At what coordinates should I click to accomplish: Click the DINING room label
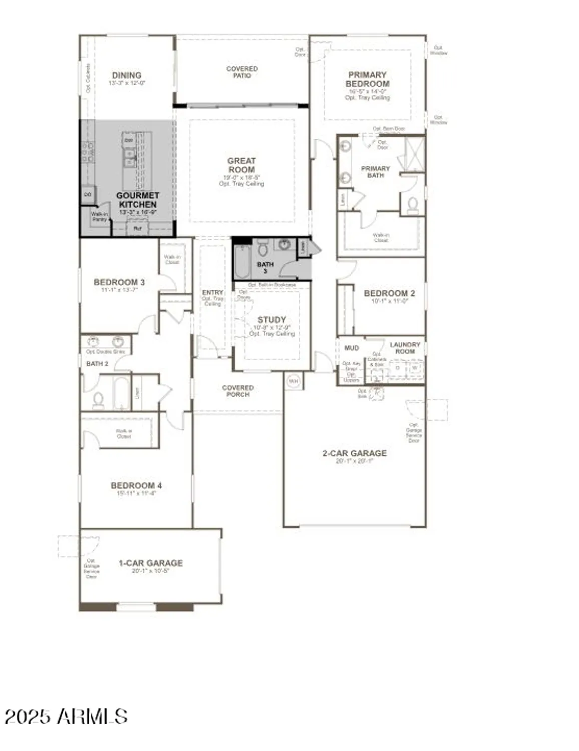(126, 75)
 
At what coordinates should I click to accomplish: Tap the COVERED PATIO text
(242, 72)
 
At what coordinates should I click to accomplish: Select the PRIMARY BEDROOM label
(367, 79)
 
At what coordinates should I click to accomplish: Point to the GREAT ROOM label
(241, 165)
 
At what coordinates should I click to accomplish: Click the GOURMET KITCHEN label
(138, 200)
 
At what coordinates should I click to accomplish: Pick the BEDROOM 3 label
(119, 282)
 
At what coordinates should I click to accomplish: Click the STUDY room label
(271, 320)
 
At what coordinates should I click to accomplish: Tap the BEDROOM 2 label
(389, 293)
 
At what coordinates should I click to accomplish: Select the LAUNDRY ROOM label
(405, 348)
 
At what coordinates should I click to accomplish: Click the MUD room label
(352, 348)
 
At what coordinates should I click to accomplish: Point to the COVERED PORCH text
(238, 391)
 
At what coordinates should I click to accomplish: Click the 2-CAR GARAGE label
(354, 453)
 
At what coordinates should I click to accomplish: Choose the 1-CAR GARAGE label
(151, 563)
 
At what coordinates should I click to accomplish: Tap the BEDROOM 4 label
(136, 485)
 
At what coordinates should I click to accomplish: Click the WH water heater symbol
(294, 381)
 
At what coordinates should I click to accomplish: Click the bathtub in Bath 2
(121, 392)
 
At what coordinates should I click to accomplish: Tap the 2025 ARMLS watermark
(66, 716)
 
